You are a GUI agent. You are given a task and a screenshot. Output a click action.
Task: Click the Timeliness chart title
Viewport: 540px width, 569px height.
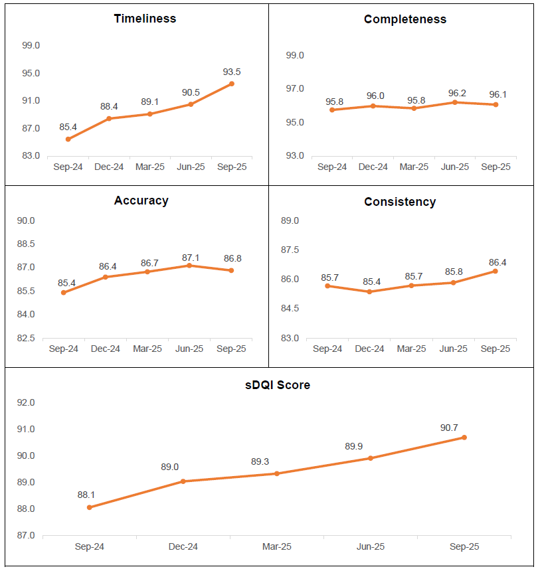point(145,19)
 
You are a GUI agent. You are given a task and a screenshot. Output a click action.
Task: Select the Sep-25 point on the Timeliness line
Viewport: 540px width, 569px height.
point(231,84)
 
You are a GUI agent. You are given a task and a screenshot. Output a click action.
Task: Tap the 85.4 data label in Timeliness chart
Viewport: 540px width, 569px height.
point(68,127)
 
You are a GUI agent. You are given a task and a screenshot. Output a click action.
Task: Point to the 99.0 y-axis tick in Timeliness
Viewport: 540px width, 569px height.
point(31,46)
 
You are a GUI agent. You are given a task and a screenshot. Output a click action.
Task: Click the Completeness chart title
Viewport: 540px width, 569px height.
point(405,19)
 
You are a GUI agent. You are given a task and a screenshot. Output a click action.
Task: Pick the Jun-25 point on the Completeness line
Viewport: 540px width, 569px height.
point(455,102)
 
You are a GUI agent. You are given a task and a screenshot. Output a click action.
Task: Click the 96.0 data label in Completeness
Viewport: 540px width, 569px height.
point(375,96)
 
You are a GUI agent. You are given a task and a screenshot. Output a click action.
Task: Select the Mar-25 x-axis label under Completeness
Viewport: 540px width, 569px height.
point(413,167)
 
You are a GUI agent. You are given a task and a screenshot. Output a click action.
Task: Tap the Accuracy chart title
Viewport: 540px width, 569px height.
point(141,201)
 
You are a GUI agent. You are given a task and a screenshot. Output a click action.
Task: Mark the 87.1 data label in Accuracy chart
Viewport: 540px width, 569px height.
point(189,255)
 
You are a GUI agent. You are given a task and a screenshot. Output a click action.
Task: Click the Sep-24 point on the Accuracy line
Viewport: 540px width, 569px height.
point(63,292)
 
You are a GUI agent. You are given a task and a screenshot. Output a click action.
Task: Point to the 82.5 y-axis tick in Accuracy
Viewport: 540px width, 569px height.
point(27,339)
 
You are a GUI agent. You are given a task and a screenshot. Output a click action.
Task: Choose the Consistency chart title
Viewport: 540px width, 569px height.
point(400,202)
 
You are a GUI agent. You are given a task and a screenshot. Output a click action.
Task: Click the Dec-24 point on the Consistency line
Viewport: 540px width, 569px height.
point(369,291)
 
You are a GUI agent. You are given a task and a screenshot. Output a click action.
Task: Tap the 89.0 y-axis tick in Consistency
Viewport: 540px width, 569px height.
point(290,221)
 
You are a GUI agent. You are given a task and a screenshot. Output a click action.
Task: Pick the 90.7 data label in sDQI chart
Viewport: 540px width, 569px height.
point(450,427)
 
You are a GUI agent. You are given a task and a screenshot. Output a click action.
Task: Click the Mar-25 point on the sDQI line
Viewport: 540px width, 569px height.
point(277,473)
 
